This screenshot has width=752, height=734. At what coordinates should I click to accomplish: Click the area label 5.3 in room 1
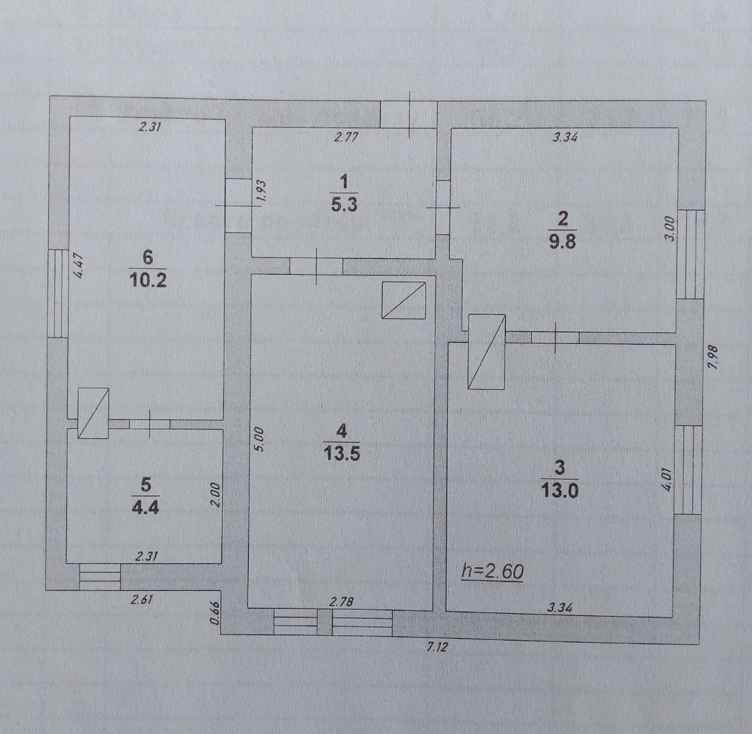(x=344, y=205)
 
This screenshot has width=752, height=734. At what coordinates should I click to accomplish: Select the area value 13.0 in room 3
(x=559, y=491)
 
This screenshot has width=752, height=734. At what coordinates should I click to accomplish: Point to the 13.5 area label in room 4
(x=341, y=453)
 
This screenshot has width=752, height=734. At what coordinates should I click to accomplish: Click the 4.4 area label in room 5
(x=145, y=507)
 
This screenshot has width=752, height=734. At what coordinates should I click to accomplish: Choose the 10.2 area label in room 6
(x=148, y=279)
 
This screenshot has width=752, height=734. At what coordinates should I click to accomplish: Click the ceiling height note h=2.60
(x=492, y=571)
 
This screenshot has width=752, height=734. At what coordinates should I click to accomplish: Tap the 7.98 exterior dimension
(x=713, y=357)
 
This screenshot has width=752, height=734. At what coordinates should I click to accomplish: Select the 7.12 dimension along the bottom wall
(x=437, y=647)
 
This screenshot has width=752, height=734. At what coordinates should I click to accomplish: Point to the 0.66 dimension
(x=215, y=613)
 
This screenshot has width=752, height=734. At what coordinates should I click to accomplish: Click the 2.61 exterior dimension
(x=142, y=600)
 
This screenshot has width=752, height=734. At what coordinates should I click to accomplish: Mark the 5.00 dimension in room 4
(x=258, y=440)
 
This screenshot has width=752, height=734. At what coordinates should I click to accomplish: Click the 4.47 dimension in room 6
(x=78, y=265)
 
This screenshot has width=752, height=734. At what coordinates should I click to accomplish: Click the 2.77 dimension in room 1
(x=346, y=137)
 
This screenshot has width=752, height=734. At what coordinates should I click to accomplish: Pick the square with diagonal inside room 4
(x=404, y=300)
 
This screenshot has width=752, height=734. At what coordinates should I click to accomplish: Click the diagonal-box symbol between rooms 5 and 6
(x=94, y=413)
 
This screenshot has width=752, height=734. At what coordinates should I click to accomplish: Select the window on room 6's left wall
(x=58, y=293)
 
